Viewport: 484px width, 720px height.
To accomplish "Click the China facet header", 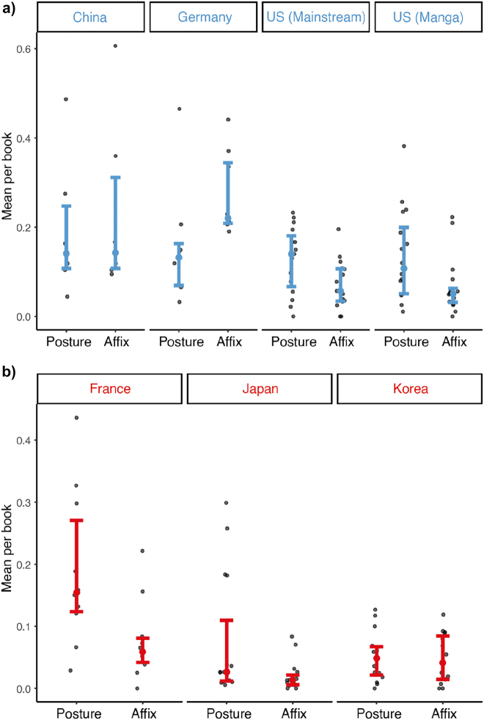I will [x=90, y=18].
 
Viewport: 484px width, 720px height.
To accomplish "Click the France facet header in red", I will [x=109, y=389].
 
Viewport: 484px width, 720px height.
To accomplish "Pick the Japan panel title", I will [x=260, y=389].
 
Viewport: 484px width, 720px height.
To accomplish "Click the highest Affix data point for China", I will [x=115, y=46].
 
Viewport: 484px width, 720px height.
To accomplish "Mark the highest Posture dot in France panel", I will [x=76, y=418].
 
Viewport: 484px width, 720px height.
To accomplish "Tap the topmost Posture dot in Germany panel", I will [x=179, y=109].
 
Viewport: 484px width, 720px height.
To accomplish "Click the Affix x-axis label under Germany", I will [x=228, y=342].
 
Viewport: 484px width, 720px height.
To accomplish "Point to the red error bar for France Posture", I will [x=76, y=565].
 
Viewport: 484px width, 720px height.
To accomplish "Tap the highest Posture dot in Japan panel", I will [x=226, y=503].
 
